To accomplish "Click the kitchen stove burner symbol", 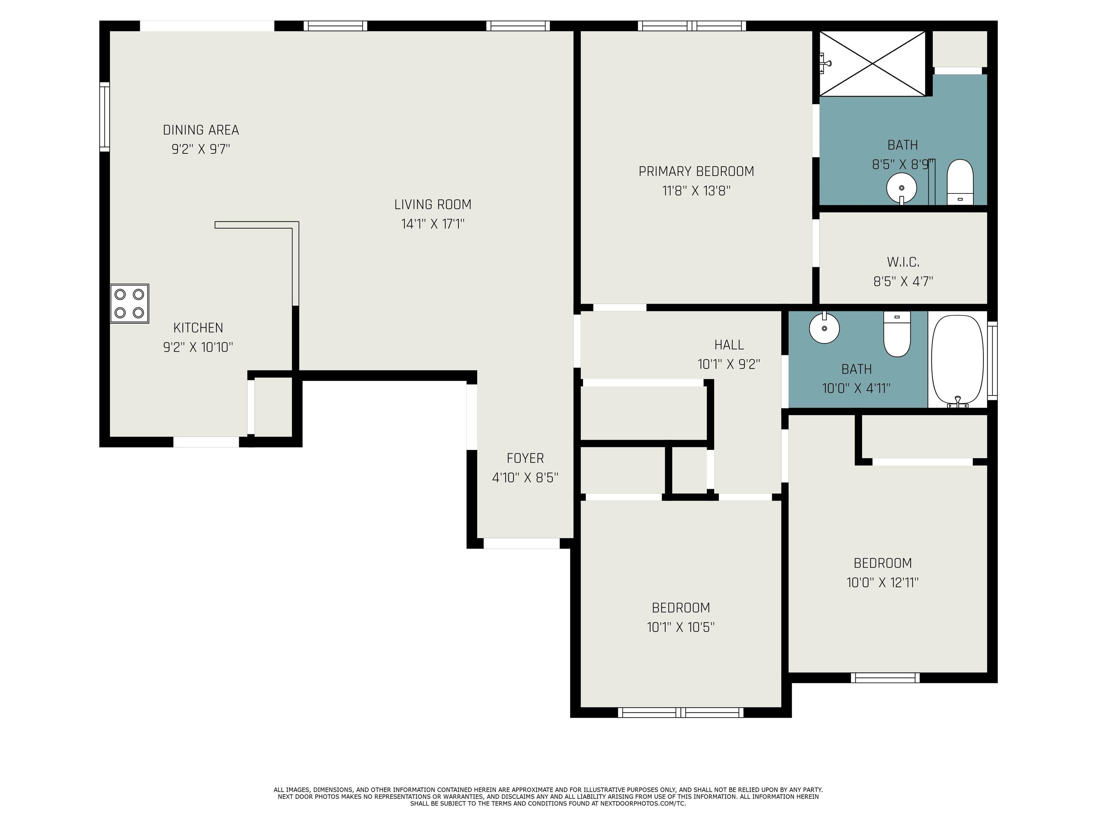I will [129, 303].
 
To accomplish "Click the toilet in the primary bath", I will [960, 182].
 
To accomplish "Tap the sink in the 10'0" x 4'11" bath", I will [824, 328].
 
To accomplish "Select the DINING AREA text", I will [201, 130].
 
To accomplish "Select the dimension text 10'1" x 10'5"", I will [680, 627].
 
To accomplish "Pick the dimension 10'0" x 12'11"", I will [882, 583].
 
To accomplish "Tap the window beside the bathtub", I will [992, 360].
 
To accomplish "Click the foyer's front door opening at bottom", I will [521, 543].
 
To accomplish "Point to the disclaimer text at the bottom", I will [548, 796].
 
